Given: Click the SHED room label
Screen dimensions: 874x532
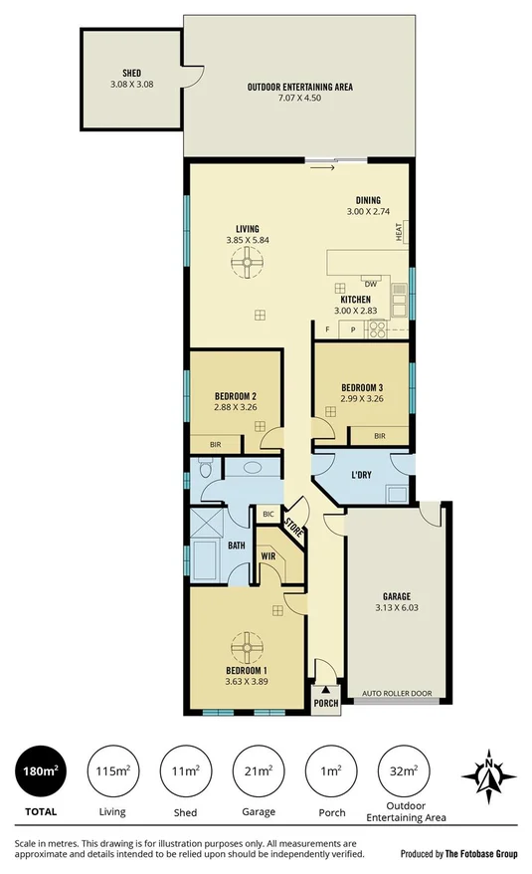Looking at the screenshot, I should coord(131,74).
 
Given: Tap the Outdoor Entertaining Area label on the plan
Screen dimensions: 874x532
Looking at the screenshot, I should coord(299,88).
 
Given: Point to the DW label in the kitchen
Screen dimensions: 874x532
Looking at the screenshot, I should coord(370,283).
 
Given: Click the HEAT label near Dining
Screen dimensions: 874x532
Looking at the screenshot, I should coord(399,233).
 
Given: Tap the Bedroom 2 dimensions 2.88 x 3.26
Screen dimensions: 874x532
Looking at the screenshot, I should coord(235,406).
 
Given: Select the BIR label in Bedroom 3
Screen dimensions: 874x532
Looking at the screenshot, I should coord(379,436).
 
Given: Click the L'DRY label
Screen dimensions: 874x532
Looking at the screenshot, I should coord(360,475).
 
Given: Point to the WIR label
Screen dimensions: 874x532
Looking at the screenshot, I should coord(267,555).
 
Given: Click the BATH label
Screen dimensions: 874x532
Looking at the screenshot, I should coord(236,546).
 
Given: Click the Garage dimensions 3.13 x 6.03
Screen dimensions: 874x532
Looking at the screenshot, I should coord(393,607).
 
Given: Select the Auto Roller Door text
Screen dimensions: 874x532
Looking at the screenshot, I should coord(393,692).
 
